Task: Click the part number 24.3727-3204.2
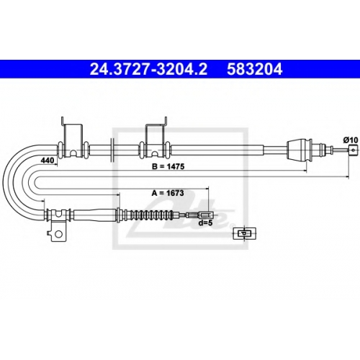148,69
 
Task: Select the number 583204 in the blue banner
254,69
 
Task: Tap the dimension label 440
48,160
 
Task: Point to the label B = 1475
168,166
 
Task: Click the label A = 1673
168,193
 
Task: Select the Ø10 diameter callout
350,140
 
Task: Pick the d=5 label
206,223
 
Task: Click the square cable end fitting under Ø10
353,150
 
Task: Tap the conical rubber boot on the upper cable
299,150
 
